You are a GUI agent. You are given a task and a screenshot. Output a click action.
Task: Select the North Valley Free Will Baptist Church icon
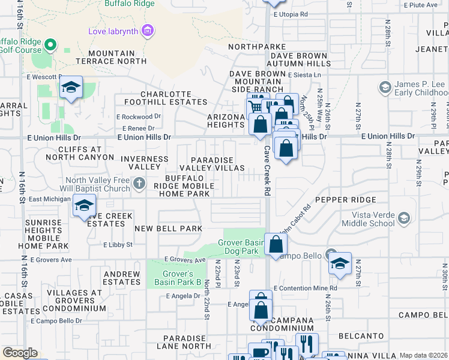coord(139,184)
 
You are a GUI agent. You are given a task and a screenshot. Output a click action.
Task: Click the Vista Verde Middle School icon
coord(404,217)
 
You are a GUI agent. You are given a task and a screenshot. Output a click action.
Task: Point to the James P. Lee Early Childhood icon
coord(385,88)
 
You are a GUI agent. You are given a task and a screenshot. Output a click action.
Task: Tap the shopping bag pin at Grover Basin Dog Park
coord(276,244)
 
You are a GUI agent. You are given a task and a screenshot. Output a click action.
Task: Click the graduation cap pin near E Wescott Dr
coord(71,89)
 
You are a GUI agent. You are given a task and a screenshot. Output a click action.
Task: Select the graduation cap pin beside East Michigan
coord(84,205)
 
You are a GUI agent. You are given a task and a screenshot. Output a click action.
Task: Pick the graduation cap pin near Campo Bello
coord(340,263)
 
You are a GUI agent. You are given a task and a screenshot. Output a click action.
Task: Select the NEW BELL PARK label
coord(168,229)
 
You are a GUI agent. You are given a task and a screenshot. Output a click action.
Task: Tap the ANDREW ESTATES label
coord(122,278)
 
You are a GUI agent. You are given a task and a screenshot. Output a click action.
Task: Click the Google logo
coord(20,353)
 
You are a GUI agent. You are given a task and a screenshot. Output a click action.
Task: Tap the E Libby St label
coord(117,245)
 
